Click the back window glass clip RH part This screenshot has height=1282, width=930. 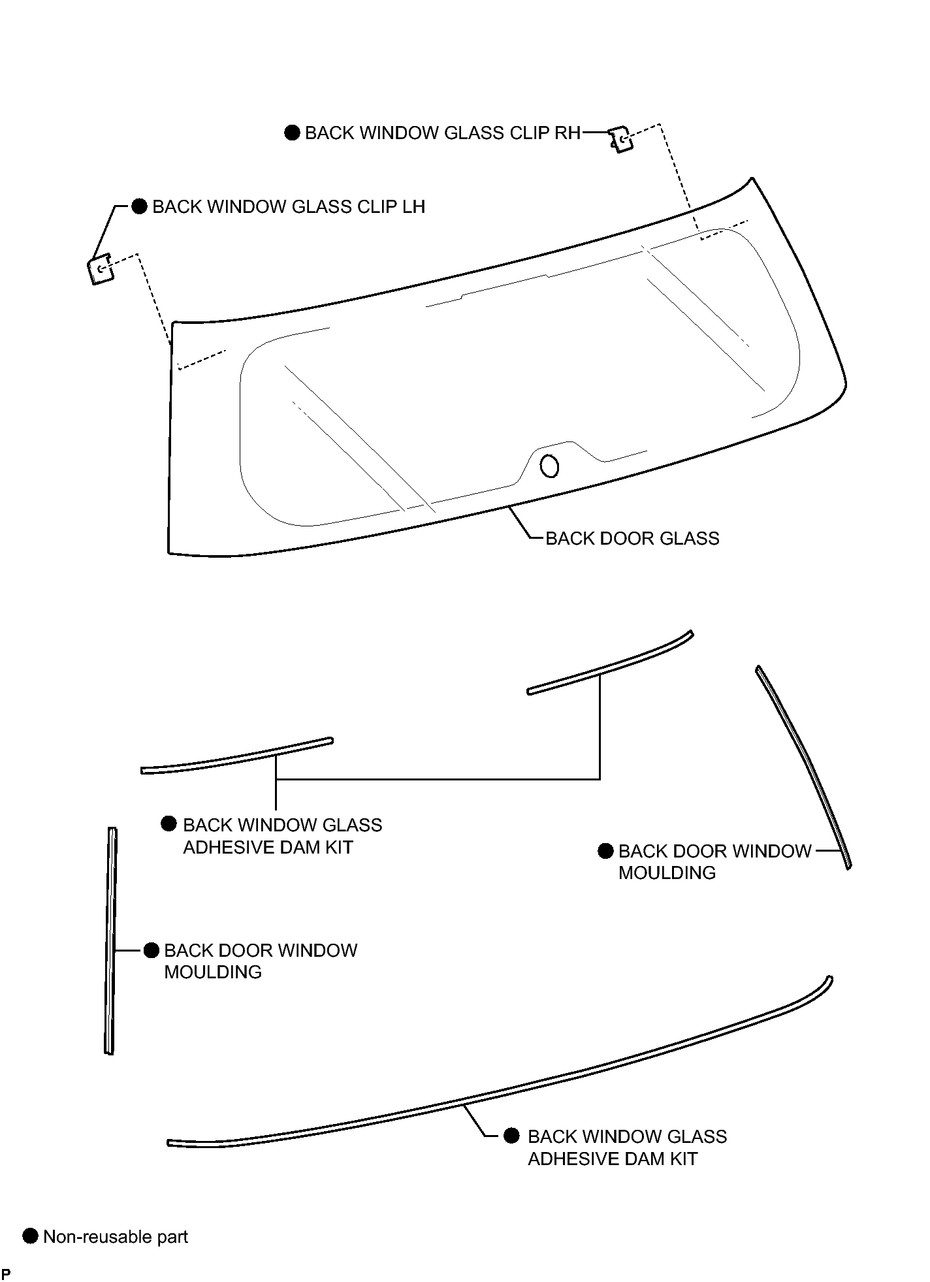(621, 140)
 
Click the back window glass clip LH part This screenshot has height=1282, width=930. (100, 269)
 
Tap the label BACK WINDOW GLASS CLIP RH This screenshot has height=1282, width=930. (443, 133)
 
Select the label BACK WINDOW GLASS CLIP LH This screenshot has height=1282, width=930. (289, 207)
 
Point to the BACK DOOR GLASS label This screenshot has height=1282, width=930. (632, 539)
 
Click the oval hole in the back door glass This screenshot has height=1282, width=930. (550, 466)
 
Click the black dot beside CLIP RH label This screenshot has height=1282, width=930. (293, 133)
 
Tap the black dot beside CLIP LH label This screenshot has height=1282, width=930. (140, 207)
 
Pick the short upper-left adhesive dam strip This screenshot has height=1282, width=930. (237, 756)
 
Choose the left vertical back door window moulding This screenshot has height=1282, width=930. (110, 940)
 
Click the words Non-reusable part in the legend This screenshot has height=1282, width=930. (116, 1237)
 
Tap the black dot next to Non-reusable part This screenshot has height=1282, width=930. (31, 1236)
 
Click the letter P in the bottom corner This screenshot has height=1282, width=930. (6, 1274)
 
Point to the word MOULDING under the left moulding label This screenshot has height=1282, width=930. (213, 972)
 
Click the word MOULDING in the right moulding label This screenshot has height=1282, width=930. (667, 873)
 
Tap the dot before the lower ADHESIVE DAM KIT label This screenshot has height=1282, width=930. (512, 1136)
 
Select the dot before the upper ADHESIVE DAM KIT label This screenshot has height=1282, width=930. (168, 824)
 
